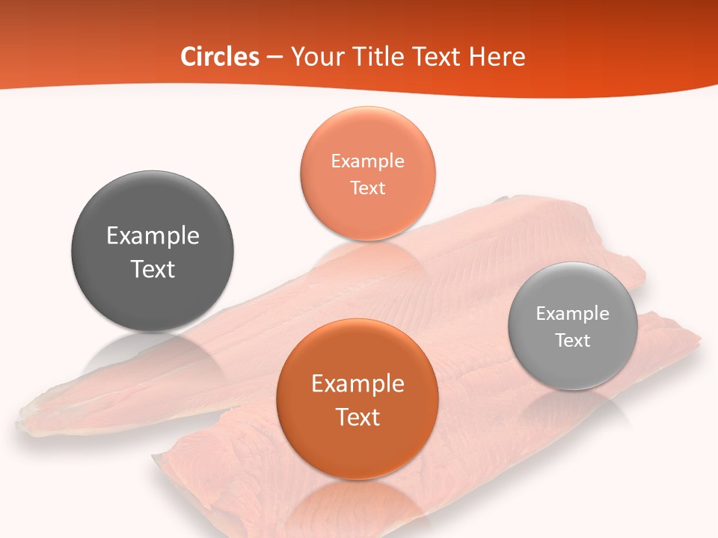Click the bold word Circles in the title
(x=219, y=57)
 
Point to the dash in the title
(x=274, y=58)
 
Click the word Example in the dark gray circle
(x=153, y=236)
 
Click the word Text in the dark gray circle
(x=153, y=269)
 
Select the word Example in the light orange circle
(x=367, y=161)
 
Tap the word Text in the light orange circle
(x=367, y=188)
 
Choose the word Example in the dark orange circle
(x=358, y=384)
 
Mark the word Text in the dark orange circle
(x=358, y=417)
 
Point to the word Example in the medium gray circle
(x=573, y=314)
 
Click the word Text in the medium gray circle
(x=573, y=341)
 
